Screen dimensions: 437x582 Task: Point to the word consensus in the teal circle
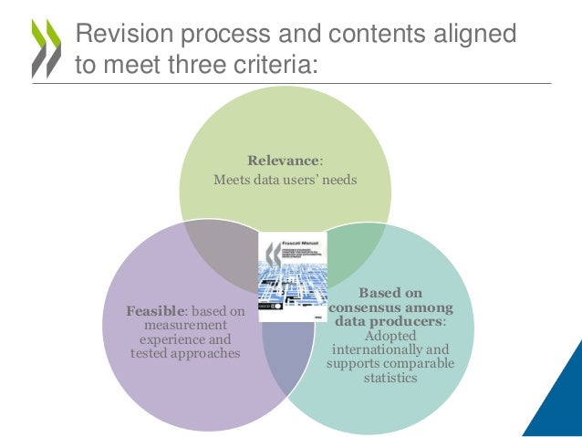[x=390, y=307]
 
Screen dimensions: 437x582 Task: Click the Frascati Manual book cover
[x=292, y=276]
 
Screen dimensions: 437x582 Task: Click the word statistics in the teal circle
[x=390, y=377]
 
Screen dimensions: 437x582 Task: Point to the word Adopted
[x=390, y=336]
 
